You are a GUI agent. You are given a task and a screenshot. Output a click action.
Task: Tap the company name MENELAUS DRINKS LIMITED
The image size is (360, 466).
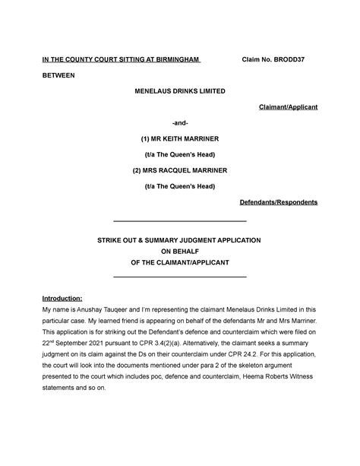tap(179, 92)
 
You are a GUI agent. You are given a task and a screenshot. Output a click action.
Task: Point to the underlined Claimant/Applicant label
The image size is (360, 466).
tap(288, 108)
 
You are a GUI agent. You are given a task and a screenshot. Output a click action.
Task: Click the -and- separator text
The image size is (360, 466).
tap(179, 124)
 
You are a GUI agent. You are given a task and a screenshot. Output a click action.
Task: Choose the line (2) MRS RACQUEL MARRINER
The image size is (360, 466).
tap(179, 170)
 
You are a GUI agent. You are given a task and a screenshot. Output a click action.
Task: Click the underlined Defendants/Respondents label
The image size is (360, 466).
tap(279, 202)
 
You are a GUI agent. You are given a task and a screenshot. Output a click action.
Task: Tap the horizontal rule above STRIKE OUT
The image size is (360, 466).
tap(179, 221)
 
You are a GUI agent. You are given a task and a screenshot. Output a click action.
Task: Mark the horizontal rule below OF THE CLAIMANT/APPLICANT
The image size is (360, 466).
tap(179, 277)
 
